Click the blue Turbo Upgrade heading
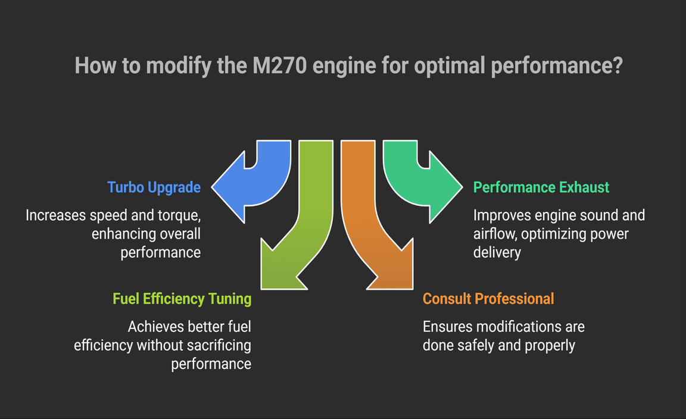click(154, 187)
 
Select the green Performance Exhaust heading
click(541, 187)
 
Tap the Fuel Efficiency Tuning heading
click(182, 298)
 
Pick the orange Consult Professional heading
click(488, 298)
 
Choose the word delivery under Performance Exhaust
click(497, 252)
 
